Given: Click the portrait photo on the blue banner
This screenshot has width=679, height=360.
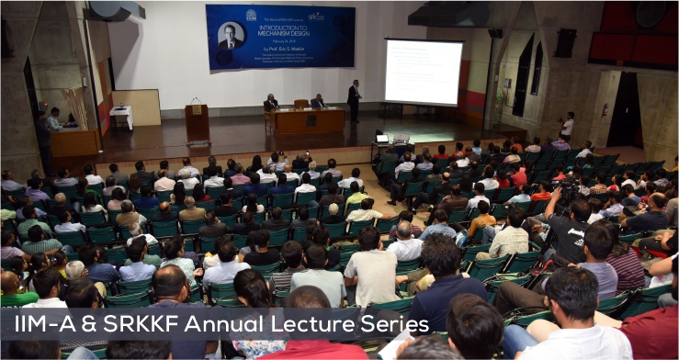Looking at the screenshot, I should (231, 37).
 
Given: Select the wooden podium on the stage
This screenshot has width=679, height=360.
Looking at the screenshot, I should (198, 121).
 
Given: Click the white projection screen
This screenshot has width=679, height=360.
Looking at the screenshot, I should (424, 72).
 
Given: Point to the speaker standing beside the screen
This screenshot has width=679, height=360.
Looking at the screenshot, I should (354, 100).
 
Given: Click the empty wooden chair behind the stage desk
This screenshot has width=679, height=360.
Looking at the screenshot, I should (301, 104).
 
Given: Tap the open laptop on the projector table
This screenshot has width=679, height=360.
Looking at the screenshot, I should (382, 139).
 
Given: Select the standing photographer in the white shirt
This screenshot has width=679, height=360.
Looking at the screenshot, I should (567, 126).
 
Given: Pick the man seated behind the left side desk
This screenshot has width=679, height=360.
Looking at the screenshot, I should (54, 119).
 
